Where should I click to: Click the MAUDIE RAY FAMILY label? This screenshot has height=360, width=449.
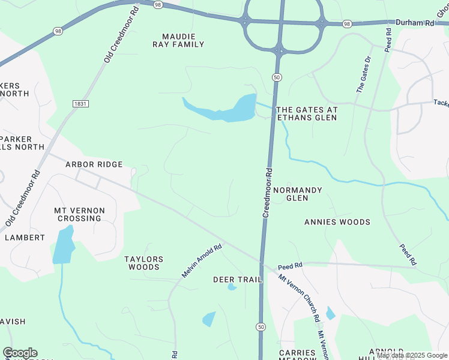[183, 40]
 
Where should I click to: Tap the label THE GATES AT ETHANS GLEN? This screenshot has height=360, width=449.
[306, 114]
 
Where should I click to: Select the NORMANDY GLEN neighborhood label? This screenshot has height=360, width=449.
[298, 194]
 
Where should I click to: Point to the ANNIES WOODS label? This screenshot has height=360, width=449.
[337, 222]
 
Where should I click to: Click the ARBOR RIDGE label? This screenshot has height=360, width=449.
[94, 164]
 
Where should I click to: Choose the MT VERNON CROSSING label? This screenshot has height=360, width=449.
[79, 215]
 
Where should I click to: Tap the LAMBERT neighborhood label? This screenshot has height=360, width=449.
[25, 238]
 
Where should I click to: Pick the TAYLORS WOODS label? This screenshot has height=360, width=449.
[143, 263]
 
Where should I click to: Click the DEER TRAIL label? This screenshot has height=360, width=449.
[238, 280]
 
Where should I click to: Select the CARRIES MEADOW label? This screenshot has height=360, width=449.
[297, 355]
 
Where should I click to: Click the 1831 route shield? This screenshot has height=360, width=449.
[80, 104]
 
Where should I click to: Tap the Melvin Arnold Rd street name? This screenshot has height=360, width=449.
[202, 260]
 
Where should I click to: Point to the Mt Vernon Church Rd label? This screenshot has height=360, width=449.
[299, 298]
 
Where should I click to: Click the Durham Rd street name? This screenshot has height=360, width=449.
[414, 22]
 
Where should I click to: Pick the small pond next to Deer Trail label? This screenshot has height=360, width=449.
[232, 287]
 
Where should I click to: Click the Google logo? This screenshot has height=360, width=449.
[20, 353]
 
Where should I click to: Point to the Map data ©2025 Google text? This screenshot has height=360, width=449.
[412, 356]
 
